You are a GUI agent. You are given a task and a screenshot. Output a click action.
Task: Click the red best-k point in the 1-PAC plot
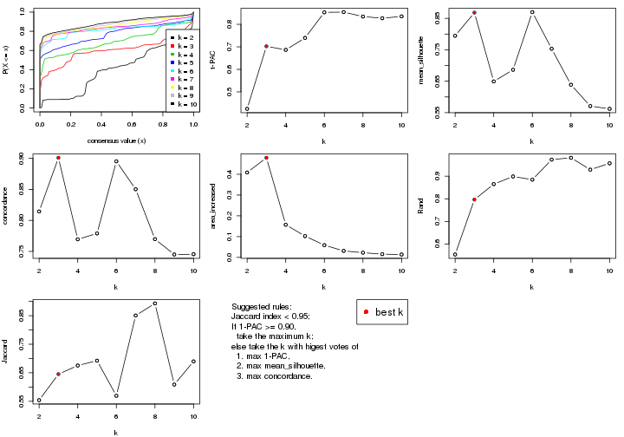(x=266, y=46)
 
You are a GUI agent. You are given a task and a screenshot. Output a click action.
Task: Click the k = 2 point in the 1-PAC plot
(x=247, y=109)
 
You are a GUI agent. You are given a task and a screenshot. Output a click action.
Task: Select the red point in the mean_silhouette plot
(x=474, y=13)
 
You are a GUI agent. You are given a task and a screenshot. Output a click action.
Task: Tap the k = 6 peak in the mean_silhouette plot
(x=532, y=12)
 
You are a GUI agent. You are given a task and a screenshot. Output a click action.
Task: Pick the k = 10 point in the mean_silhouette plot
(x=609, y=109)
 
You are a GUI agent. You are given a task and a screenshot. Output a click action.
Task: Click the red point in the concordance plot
(x=58, y=158)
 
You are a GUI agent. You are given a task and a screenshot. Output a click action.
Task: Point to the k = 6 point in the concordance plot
(x=116, y=161)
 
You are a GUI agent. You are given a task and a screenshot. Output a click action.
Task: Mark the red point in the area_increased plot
(x=266, y=158)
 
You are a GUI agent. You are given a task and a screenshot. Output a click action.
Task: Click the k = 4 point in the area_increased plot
(x=285, y=225)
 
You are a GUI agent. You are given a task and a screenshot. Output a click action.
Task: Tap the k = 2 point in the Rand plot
(x=455, y=255)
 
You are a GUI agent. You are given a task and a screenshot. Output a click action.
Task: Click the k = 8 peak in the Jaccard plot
(x=155, y=303)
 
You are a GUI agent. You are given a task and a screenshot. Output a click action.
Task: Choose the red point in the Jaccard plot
(x=58, y=374)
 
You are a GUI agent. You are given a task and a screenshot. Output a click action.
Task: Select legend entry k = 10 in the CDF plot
(x=185, y=103)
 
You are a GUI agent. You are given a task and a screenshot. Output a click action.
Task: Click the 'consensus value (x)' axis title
(x=116, y=140)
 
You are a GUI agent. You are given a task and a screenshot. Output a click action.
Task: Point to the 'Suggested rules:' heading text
(x=262, y=308)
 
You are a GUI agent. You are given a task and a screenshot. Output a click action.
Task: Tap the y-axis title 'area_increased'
(x=218, y=206)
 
